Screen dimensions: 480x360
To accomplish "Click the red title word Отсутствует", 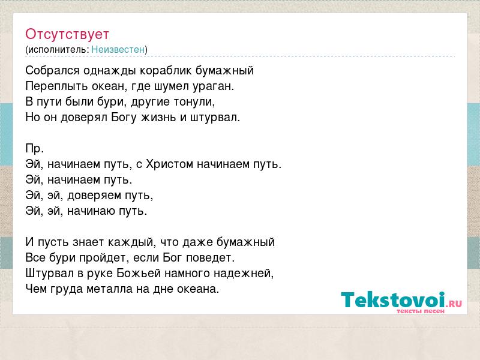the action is [67, 34].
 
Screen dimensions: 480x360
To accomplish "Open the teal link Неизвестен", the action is [118, 49].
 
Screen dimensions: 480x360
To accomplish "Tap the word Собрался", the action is [52, 71].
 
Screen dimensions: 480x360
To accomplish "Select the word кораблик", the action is [166, 70].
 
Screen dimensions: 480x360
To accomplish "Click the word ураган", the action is [213, 86].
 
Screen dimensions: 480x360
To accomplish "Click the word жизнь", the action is [158, 117].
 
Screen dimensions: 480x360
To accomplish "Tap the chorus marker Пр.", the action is [35, 148].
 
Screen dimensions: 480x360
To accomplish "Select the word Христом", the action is [170, 164].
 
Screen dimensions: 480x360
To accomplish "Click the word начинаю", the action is [92, 211].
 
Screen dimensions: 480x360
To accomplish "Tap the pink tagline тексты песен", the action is [421, 311].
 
